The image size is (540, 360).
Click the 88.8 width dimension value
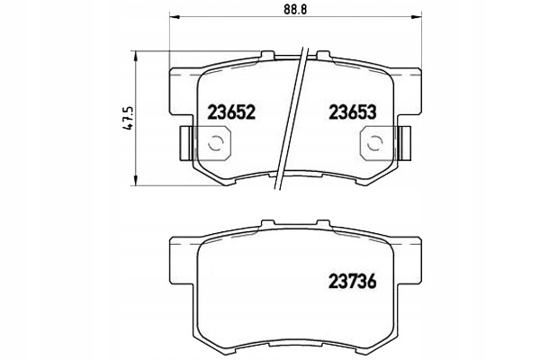click(295, 9)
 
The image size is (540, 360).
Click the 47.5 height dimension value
click(129, 118)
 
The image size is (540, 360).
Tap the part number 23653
click(352, 112)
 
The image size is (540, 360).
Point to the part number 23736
click(352, 282)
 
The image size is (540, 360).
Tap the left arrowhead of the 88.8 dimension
click(175, 16)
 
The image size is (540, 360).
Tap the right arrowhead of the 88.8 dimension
click(417, 16)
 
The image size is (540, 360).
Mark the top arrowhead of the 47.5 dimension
click(136, 56)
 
